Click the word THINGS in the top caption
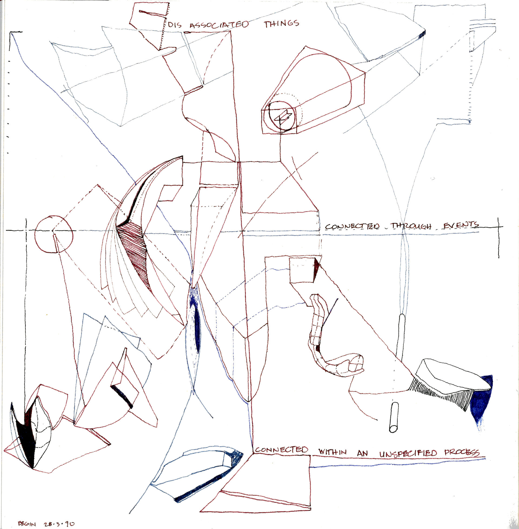(281, 24)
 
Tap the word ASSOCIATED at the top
(219, 25)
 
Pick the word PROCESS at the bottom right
(461, 452)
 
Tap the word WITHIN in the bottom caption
(332, 452)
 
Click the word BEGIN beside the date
(27, 524)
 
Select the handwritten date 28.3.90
(59, 524)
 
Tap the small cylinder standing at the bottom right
(394, 418)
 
